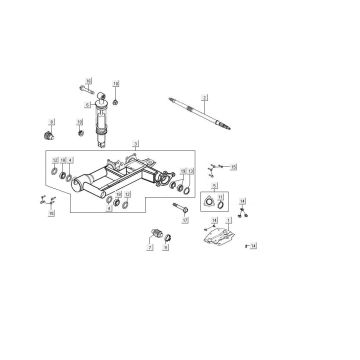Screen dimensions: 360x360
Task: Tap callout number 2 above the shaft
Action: [203, 97]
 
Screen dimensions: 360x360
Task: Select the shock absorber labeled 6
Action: [101, 121]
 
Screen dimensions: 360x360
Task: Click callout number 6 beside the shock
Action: [88, 105]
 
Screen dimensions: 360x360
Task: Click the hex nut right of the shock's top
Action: [116, 101]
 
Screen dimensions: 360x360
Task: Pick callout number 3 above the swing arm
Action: [136, 143]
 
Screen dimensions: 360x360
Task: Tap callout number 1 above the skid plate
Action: [228, 219]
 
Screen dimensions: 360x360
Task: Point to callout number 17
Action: [185, 218]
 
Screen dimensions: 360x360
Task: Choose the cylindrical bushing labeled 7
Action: [154, 234]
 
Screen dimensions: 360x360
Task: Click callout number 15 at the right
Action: [233, 167]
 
